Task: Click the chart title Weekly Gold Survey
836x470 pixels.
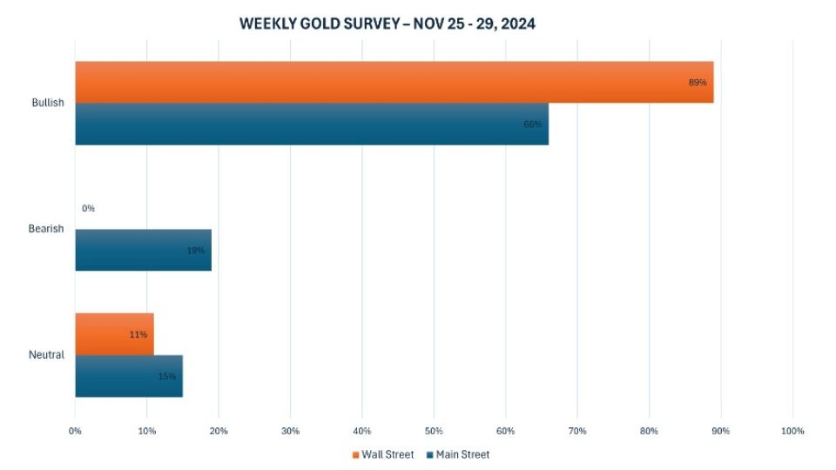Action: click(387, 24)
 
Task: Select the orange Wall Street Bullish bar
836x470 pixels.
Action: click(394, 82)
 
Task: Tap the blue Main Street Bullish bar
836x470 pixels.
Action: click(312, 124)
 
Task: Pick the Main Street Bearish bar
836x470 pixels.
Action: click(143, 250)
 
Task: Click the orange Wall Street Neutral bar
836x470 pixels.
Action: click(114, 334)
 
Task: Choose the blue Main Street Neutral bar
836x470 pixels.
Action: click(129, 376)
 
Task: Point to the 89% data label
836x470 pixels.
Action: click(698, 83)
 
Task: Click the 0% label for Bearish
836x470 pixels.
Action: click(88, 209)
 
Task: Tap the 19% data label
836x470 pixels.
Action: click(195, 251)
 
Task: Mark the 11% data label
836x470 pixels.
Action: click(138, 334)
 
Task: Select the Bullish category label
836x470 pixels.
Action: click(47, 103)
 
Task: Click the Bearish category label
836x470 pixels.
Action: click(46, 229)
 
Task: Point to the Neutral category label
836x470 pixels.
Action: click(46, 355)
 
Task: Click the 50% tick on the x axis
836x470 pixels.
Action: click(434, 431)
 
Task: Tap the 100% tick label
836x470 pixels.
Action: click(792, 431)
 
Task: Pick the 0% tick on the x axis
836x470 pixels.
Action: click(76, 431)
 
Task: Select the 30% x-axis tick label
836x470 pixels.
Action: click(291, 431)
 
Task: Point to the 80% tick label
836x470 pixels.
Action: click(649, 431)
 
